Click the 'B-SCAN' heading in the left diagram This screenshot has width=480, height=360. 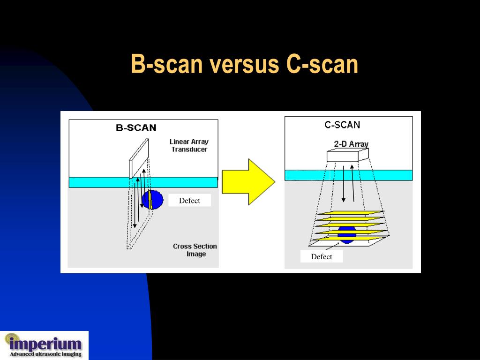coord(136,127)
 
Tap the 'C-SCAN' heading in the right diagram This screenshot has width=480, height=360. coord(343,125)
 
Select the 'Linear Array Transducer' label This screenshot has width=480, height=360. coord(189,145)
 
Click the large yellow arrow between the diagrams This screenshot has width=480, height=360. coord(247,181)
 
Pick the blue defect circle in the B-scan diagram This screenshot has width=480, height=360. coord(153,200)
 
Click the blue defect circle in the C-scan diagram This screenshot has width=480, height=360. coord(347,234)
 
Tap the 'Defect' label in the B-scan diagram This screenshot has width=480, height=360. coord(189,201)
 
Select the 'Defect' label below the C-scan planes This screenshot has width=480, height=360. coord(322,256)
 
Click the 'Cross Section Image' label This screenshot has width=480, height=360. coord(195,250)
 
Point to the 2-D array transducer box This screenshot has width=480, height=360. coord(347,155)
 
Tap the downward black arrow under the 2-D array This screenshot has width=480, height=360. coord(344,183)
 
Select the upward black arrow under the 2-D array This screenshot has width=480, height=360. coord(352,183)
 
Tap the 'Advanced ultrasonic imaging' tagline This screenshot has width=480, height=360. coord(45,354)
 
